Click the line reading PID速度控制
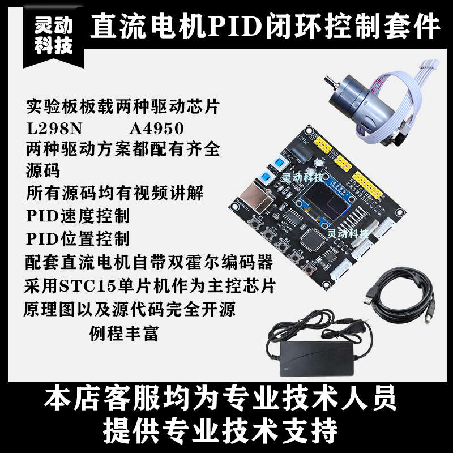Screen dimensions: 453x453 coord(78,216)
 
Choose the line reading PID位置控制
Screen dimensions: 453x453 coord(78,238)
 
